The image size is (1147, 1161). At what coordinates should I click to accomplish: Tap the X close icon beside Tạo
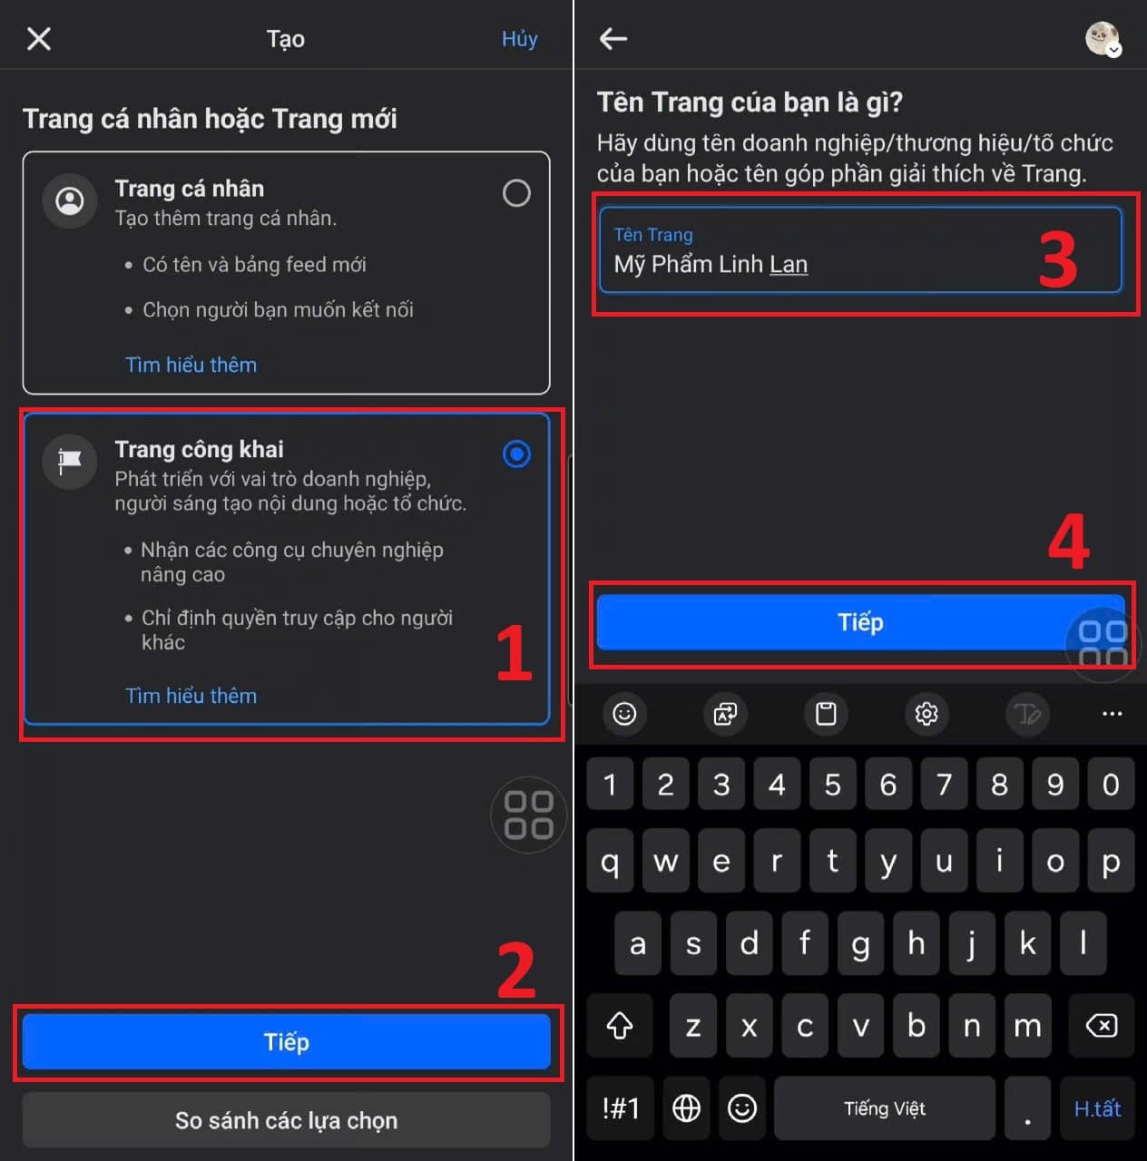pos(39,39)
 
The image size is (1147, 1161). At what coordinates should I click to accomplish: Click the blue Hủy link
pos(519,39)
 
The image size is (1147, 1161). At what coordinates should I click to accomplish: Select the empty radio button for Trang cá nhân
pos(516,193)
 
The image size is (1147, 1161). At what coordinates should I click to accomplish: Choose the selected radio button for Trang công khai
pos(516,454)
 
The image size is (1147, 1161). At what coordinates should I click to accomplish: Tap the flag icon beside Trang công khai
pos(70,462)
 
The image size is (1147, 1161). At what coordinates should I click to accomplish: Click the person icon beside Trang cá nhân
pos(70,200)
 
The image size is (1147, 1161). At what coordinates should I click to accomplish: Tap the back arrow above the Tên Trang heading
pos(613,39)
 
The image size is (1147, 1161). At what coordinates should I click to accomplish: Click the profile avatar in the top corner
pos(1103,39)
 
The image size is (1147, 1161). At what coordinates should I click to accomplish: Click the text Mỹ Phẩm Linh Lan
pos(711,265)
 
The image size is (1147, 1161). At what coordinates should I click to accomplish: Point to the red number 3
pos(1058,259)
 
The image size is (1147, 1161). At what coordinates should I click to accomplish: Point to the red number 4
pos(1069,541)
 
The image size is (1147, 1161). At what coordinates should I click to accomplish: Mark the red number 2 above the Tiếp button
pos(516,970)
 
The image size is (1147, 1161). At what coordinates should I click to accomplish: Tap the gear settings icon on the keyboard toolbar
pos(926,714)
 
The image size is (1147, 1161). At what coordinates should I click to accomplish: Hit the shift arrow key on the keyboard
pos(620,1026)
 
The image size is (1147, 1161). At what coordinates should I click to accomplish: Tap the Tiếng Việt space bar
pos(884,1108)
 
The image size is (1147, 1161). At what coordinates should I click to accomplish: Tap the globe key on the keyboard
pos(686,1108)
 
